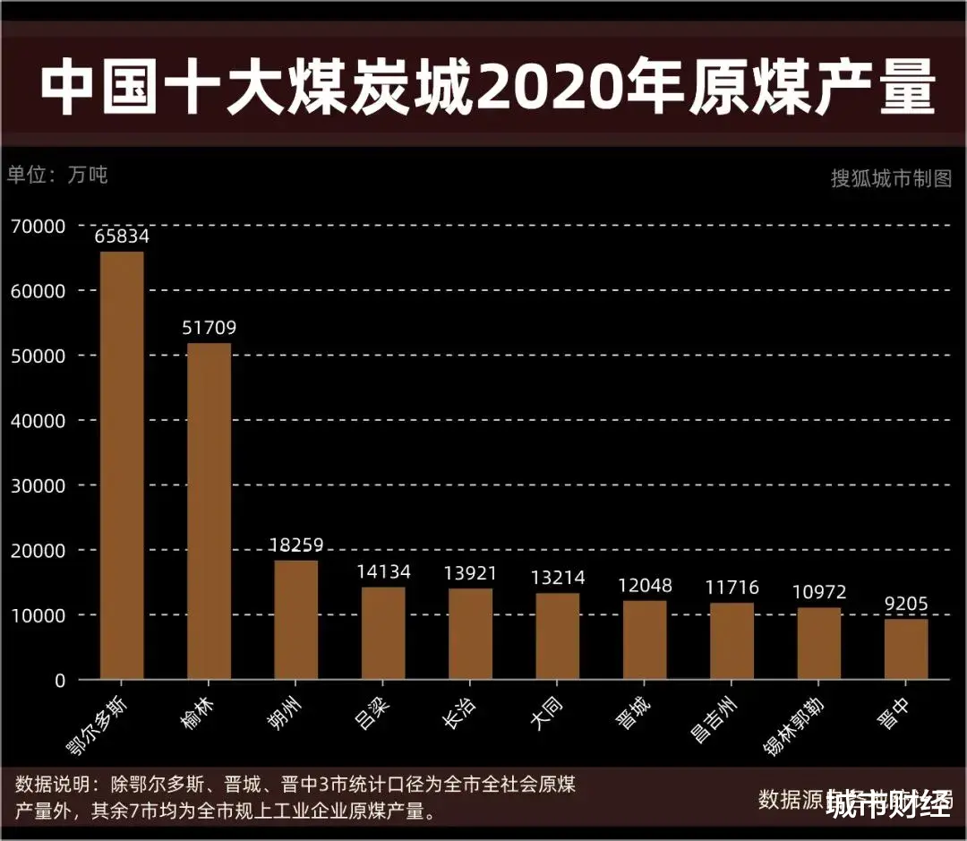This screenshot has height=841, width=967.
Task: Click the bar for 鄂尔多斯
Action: tap(122, 466)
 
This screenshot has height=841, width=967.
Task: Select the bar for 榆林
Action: tap(209, 511)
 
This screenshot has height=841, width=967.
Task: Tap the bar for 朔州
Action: tap(296, 620)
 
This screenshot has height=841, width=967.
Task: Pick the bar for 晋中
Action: tap(906, 649)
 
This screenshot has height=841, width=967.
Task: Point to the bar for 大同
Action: tap(558, 636)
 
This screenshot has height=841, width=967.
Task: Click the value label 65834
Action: tap(122, 237)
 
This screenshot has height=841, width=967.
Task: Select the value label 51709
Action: tap(209, 329)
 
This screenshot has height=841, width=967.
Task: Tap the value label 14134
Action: tap(383, 572)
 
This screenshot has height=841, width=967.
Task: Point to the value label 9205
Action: tap(906, 605)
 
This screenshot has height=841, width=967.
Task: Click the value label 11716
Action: tap(732, 588)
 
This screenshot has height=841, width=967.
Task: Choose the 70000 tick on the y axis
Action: tap(39, 227)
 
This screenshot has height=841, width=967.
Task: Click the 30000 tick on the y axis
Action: tap(39, 485)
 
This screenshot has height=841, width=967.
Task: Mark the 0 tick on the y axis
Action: tap(59, 681)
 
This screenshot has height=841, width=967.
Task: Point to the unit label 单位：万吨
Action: tap(57, 175)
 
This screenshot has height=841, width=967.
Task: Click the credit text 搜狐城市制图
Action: tap(891, 178)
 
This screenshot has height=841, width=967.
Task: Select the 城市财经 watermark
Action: tap(889, 804)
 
